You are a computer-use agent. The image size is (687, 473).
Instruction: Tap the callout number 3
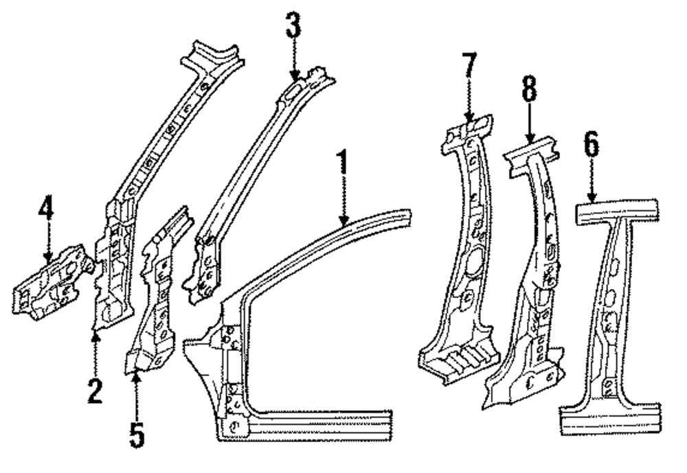point(293,28)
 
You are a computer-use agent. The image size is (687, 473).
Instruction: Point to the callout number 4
point(45,213)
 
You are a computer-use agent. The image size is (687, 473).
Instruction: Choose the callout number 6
point(592,145)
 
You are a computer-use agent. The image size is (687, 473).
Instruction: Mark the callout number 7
point(469,66)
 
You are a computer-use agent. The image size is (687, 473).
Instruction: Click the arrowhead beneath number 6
point(592,198)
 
